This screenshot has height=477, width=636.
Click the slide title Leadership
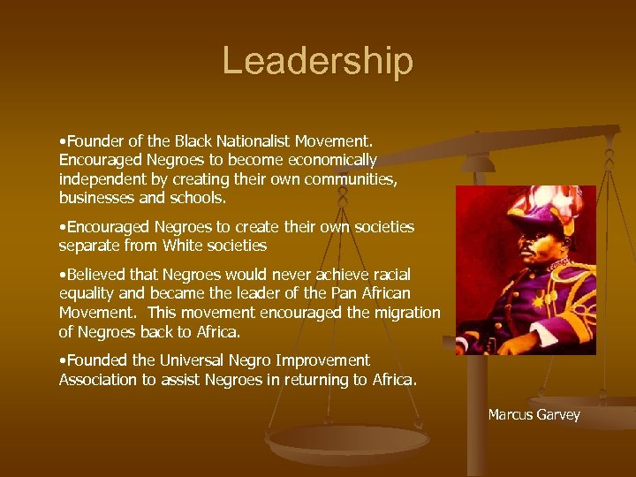tap(317, 61)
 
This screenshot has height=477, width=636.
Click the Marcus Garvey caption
tap(534, 414)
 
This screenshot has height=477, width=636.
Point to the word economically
tap(329, 160)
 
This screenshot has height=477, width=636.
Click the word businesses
tap(95, 198)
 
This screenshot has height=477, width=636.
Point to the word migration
tap(399, 313)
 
